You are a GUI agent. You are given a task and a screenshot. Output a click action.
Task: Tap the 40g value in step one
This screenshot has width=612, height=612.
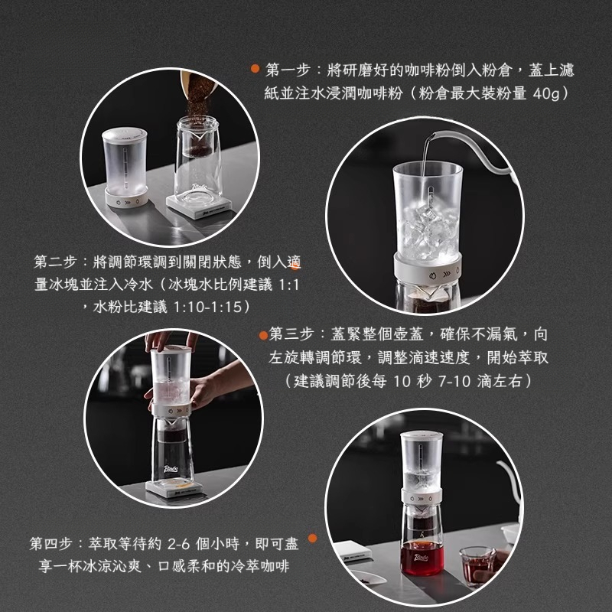(x=547, y=93)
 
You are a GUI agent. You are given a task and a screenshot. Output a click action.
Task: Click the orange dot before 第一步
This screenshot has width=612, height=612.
(x=256, y=70)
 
